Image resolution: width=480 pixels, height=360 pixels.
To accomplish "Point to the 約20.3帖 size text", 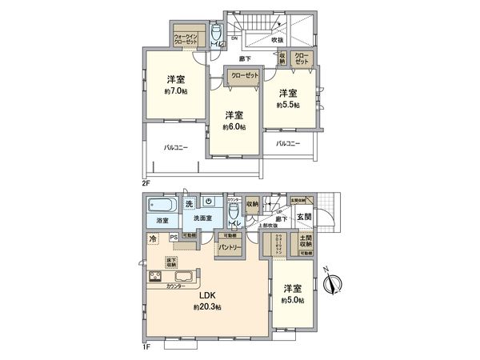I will tap(206, 307).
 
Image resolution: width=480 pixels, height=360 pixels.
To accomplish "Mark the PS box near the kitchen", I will tap(174, 236).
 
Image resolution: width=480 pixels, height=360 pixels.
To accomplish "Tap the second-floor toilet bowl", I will tap(216, 32).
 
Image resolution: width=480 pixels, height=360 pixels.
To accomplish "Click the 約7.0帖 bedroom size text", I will tap(176, 91).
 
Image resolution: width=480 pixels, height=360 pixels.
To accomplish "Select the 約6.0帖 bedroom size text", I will tap(234, 126).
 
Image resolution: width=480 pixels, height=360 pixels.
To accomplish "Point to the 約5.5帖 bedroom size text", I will tap(288, 105).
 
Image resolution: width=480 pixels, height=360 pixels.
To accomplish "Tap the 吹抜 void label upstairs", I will tap(278, 39).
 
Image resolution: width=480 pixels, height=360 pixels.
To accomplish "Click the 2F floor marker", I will tap(146, 183).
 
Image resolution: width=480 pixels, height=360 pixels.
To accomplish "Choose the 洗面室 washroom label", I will tap(204, 218).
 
